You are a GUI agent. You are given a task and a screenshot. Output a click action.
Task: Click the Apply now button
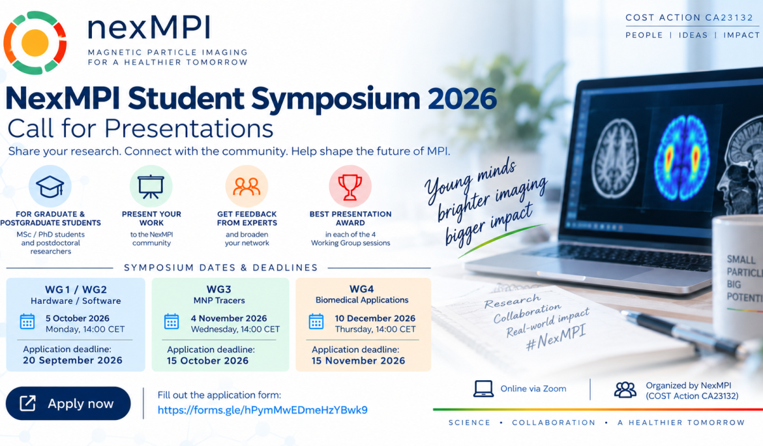point(68,403)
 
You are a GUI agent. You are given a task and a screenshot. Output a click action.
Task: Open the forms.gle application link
point(262,410)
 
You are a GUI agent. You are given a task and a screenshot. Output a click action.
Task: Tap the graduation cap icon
point(50,186)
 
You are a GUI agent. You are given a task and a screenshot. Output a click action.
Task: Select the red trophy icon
point(350,186)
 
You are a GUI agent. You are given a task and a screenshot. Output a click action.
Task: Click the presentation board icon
point(151,186)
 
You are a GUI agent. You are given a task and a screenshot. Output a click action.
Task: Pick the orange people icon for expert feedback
point(247,186)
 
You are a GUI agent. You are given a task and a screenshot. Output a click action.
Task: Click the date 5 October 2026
point(78,318)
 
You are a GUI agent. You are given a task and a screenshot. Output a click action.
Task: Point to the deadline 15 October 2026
point(208,361)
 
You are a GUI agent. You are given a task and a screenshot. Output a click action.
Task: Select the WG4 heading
point(361,289)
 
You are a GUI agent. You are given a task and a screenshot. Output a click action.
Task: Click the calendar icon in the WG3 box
point(172,321)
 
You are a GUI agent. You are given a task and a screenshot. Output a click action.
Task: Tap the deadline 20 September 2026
point(72,361)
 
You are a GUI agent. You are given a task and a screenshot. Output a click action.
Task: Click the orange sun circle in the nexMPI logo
point(35,43)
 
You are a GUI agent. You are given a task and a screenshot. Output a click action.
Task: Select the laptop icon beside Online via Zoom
point(483,389)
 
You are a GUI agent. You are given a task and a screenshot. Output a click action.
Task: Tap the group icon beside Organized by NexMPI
point(625,389)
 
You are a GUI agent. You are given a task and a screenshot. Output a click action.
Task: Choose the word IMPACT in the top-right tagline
point(741,35)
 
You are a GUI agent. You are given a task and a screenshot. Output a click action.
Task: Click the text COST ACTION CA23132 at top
point(689,18)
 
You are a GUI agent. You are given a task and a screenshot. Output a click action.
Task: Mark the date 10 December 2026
point(375,318)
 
